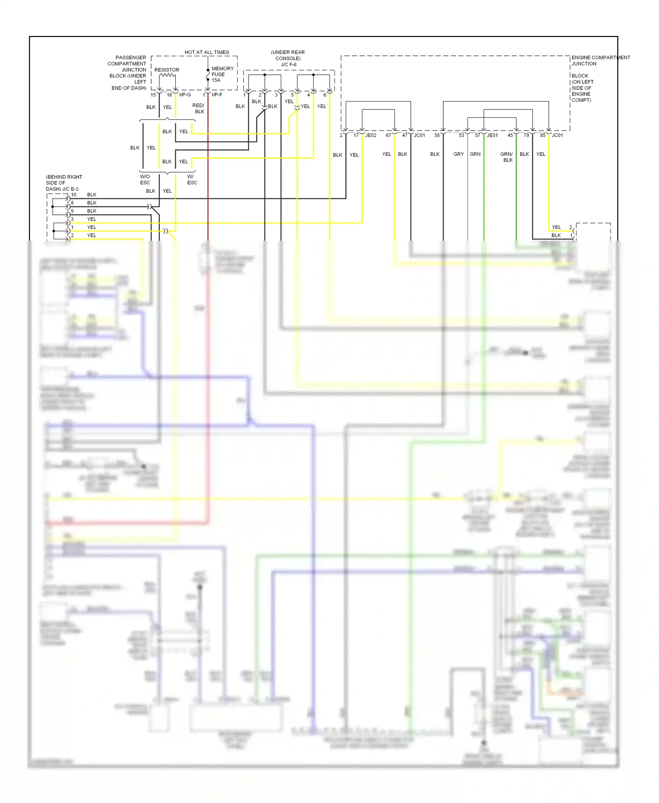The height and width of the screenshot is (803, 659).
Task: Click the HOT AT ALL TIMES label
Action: click(206, 52)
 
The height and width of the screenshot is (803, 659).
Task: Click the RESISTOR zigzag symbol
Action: click(167, 76)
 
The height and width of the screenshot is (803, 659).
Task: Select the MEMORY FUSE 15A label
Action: click(222, 74)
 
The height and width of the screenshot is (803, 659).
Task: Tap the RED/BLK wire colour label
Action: click(199, 109)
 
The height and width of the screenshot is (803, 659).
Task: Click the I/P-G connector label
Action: click(185, 95)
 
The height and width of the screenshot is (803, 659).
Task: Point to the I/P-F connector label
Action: click(217, 95)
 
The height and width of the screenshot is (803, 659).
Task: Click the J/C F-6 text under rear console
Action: click(289, 65)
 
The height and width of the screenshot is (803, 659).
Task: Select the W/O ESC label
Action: click(145, 180)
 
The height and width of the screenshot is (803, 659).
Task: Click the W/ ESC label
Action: click(192, 180)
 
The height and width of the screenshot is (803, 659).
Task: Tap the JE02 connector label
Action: click(371, 135)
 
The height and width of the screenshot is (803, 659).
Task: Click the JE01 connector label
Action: click(492, 135)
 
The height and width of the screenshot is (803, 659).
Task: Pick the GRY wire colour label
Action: click(459, 154)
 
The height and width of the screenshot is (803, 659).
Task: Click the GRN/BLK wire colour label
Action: click(507, 157)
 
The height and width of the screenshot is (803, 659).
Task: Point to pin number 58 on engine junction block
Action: click(437, 135)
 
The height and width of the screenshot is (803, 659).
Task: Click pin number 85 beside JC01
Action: click(543, 135)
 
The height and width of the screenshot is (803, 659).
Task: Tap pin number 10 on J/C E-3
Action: click(74, 195)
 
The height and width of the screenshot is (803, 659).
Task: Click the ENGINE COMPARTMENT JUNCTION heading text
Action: click(600, 61)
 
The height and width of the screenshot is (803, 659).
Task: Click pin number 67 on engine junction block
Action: click(388, 135)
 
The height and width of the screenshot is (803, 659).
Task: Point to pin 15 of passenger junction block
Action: click(153, 95)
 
